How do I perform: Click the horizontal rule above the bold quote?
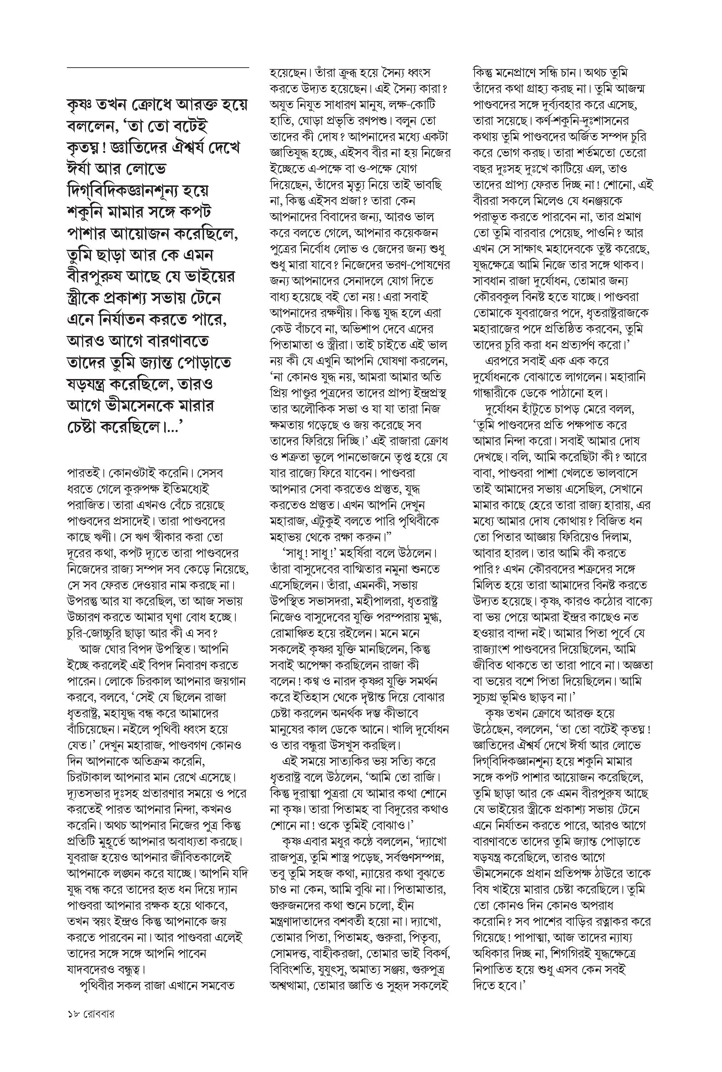click(x=158, y=68)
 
